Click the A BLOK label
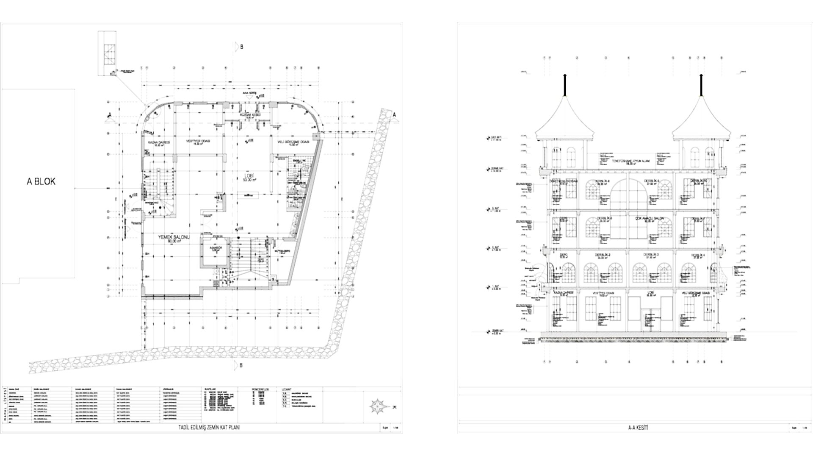41,182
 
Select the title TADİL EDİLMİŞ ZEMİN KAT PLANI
210,428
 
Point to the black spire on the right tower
701,85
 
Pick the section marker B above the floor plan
241,47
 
